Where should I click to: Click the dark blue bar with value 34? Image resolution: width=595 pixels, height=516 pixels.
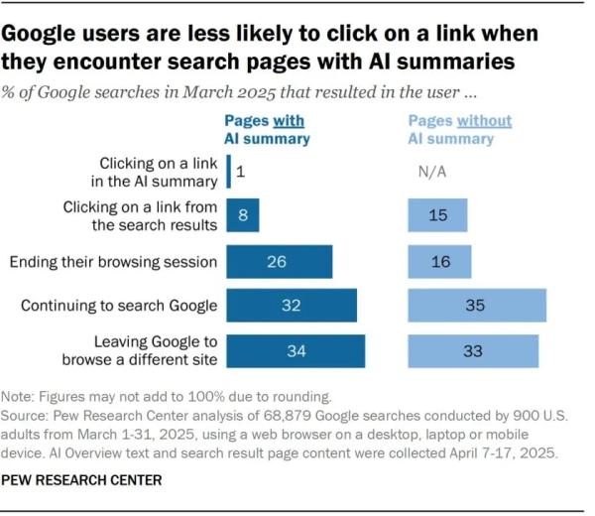point(296,350)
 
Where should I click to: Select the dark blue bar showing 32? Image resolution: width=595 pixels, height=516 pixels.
point(292,306)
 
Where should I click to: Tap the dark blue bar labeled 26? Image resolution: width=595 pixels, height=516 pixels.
point(280,262)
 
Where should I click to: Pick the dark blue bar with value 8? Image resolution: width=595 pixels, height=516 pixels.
point(243,215)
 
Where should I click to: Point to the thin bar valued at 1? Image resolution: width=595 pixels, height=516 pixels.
point(229,172)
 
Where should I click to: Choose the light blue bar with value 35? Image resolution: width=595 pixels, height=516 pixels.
point(477,306)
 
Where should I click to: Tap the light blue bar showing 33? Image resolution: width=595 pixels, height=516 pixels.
point(473,350)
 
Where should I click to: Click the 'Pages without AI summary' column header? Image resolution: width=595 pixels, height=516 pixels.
point(460,130)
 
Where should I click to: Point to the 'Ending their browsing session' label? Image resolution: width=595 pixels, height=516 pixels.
point(112,262)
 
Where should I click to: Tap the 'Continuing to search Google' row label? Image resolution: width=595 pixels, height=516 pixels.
point(118,306)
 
